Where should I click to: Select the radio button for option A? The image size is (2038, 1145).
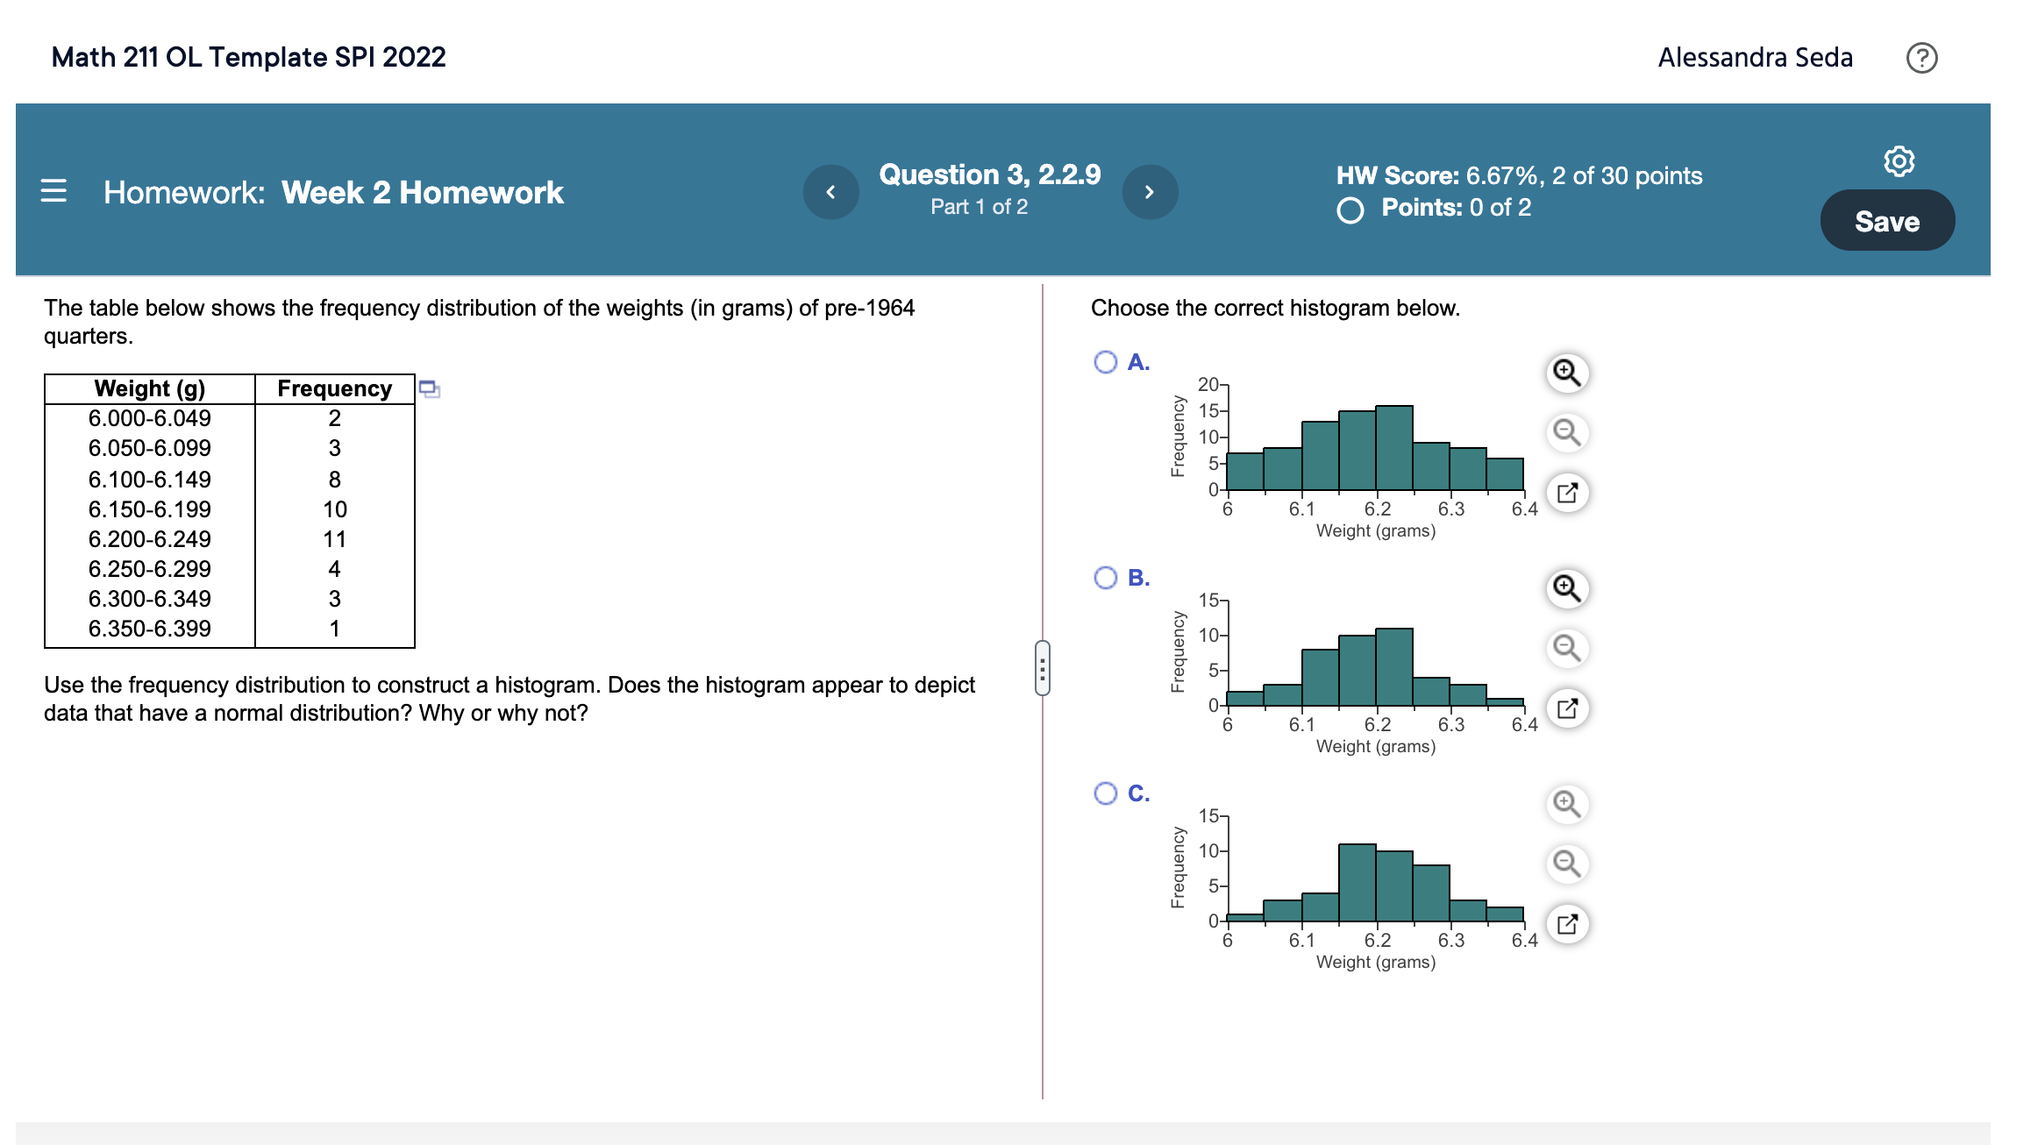pyautogui.click(x=1105, y=362)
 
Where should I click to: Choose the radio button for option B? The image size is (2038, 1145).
pyautogui.click(x=1105, y=578)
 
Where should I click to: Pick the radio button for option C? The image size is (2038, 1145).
pyautogui.click(x=1105, y=793)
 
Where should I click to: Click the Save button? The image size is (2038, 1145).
pyautogui.click(x=1887, y=221)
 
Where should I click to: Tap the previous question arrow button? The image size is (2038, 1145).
pyautogui.click(x=830, y=192)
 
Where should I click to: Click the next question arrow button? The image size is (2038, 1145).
pyautogui.click(x=1150, y=192)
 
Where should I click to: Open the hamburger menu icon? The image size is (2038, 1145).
pyautogui.click(x=53, y=191)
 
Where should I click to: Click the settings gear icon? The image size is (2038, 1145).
pyautogui.click(x=1899, y=161)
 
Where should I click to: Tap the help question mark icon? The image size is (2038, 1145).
pyautogui.click(x=1921, y=58)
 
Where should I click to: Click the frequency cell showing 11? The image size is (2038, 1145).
pyautogui.click(x=334, y=539)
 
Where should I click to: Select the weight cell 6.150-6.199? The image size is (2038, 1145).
pyautogui.click(x=150, y=509)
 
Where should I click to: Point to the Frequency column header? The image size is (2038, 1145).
pyautogui.click(x=334, y=388)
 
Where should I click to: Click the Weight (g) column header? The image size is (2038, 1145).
pyautogui.click(x=150, y=388)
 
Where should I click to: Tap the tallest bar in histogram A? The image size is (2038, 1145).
pyautogui.click(x=1393, y=447)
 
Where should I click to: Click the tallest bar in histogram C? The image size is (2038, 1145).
pyautogui.click(x=1357, y=882)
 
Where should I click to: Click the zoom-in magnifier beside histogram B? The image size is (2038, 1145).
pyautogui.click(x=1567, y=588)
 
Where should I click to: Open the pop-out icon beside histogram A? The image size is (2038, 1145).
pyautogui.click(x=1567, y=493)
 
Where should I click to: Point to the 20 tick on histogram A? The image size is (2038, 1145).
pyautogui.click(x=1208, y=384)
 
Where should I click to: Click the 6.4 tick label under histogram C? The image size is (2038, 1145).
pyautogui.click(x=1524, y=941)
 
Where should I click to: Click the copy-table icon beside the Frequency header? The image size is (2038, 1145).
pyautogui.click(x=429, y=388)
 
